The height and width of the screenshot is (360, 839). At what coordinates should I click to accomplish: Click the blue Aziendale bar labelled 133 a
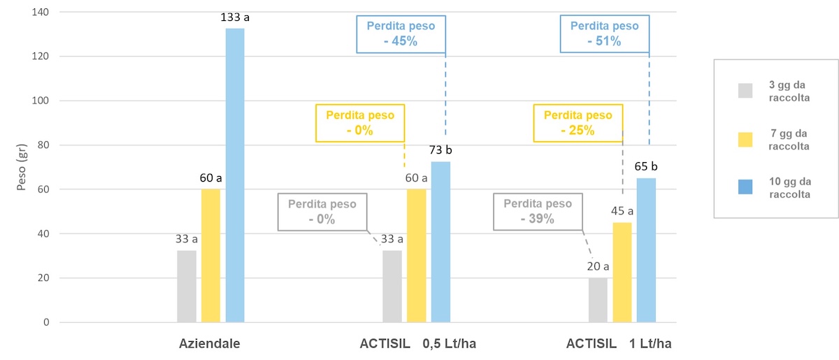(235, 175)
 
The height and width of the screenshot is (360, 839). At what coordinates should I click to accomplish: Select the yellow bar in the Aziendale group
(210, 256)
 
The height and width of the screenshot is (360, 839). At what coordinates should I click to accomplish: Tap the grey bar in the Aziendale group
(187, 286)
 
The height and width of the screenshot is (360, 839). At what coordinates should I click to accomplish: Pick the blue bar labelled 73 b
(440, 242)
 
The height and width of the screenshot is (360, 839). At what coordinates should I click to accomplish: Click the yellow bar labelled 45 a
(622, 273)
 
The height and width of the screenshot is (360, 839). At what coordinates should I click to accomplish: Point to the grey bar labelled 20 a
(598, 300)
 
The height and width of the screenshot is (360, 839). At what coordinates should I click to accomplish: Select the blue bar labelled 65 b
(646, 250)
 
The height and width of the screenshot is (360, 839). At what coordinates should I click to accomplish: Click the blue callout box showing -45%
(401, 34)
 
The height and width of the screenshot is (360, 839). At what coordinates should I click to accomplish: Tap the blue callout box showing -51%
(604, 34)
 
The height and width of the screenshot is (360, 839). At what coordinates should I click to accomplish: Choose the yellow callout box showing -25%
(578, 123)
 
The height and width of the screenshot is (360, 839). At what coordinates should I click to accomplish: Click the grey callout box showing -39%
(537, 211)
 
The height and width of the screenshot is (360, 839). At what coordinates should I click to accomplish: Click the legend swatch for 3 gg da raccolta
(745, 91)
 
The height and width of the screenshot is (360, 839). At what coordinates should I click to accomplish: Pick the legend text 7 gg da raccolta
(789, 140)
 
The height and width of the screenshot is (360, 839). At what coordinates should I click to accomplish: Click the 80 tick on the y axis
(45, 145)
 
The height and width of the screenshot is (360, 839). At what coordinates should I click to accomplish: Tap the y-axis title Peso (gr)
(22, 167)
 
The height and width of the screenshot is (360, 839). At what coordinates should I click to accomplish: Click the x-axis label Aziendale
(210, 343)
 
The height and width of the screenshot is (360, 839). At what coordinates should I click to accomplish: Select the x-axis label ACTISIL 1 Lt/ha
(619, 343)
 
